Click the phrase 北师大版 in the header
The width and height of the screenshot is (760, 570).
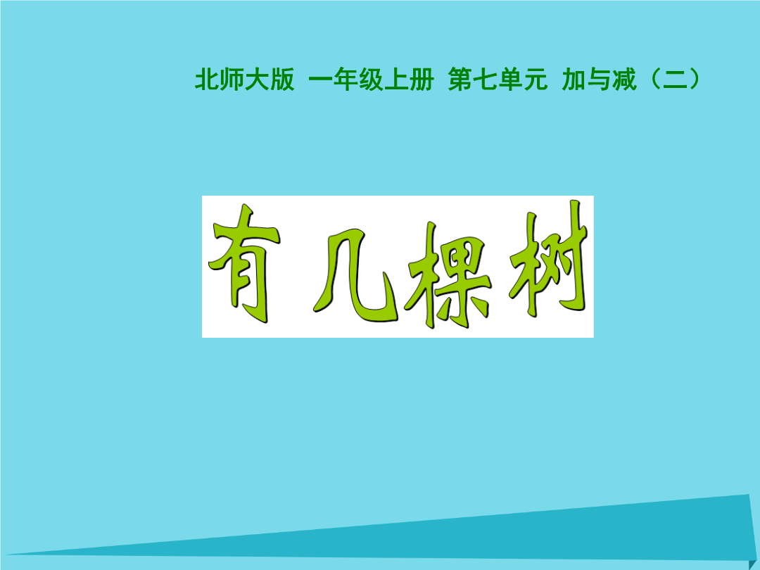point(245,79)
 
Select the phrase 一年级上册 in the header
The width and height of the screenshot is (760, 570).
point(371,79)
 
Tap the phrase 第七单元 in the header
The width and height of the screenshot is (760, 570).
point(498,79)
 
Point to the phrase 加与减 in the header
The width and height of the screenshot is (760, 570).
point(599,79)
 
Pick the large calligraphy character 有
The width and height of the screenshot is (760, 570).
point(244,265)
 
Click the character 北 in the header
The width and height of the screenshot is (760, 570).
point(208,79)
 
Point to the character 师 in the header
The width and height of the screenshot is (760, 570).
point(232,79)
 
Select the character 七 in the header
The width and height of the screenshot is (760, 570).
point(485,79)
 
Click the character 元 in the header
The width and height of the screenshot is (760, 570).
point(535,80)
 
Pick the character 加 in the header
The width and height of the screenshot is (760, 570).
point(574,79)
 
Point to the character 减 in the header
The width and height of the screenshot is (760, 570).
point(624,79)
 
